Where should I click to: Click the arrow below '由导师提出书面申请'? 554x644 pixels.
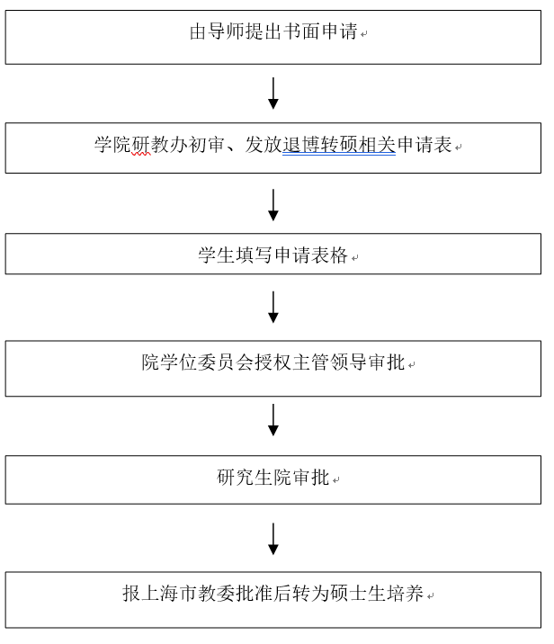coord(273,94)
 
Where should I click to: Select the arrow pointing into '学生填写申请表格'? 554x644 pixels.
coord(273,205)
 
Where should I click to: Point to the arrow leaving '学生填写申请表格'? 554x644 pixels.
coord(273,307)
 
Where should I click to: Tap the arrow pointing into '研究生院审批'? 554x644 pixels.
coord(273,419)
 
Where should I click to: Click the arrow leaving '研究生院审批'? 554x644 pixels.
coord(273,538)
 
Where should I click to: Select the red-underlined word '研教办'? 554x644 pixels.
coord(150,145)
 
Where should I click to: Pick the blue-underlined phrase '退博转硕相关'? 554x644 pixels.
coord(339,145)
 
